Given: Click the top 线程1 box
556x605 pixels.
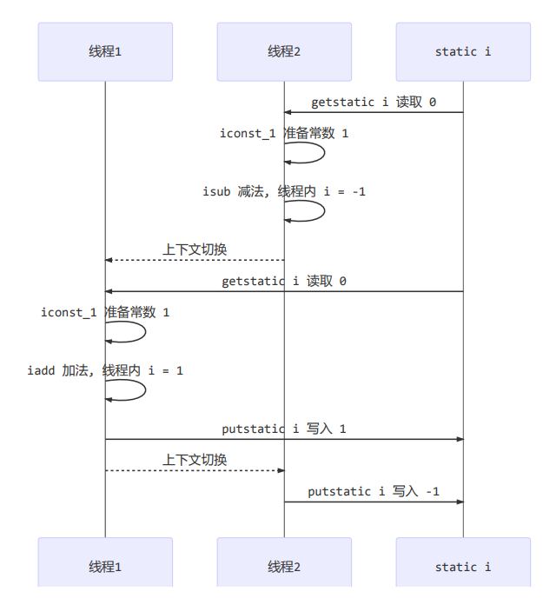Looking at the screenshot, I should [x=105, y=51].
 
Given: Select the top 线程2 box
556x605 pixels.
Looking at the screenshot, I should [x=284, y=51].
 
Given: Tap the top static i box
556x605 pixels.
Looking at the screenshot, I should [x=463, y=51].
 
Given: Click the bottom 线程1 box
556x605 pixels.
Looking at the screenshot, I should [x=105, y=566].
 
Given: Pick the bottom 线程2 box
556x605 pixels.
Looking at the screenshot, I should [x=284, y=566].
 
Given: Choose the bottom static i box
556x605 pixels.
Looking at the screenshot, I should [x=463, y=566].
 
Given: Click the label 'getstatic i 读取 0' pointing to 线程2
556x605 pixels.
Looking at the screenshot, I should [x=374, y=102].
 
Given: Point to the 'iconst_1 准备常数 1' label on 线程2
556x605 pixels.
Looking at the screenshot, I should [x=284, y=133].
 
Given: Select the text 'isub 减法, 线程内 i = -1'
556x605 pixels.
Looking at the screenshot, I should [x=284, y=190].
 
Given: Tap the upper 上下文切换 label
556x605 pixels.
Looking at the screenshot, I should [x=195, y=249].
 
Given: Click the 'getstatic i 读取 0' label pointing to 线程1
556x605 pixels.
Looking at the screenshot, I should [x=284, y=281].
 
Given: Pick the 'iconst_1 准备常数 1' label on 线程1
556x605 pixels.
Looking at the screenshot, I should [x=105, y=312].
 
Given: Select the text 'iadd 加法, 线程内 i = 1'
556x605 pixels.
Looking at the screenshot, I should [x=105, y=370].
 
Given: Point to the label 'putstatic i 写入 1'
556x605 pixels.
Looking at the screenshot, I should [x=284, y=429].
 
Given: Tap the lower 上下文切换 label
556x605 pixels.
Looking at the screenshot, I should [x=195, y=460].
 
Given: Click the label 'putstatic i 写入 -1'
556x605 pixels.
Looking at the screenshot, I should [x=374, y=491].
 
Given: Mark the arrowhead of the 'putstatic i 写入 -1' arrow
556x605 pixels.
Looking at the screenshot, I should [x=460, y=502].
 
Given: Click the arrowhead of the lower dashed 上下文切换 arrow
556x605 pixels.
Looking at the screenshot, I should [x=281, y=470].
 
